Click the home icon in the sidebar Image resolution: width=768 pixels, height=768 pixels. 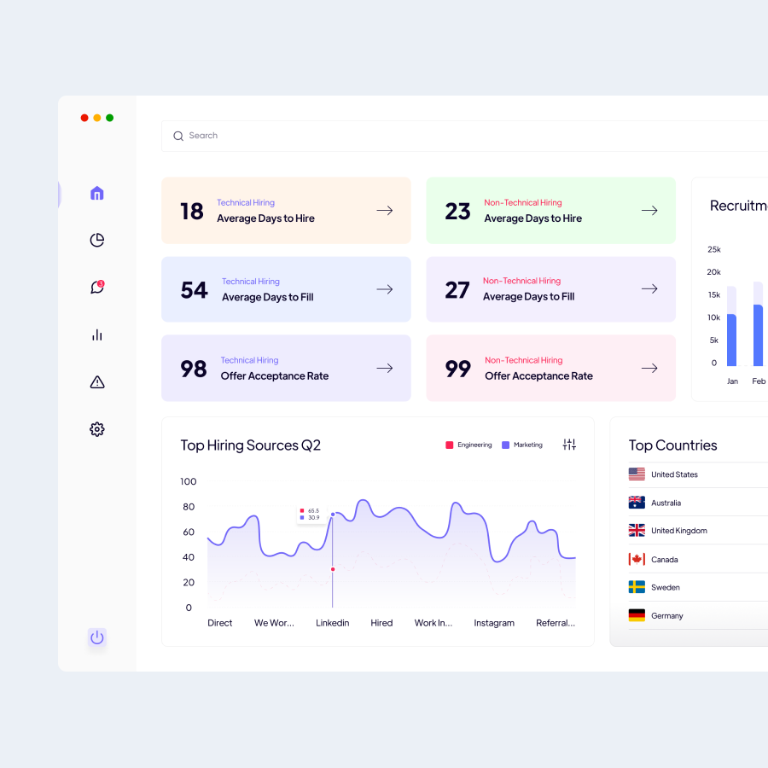(x=97, y=194)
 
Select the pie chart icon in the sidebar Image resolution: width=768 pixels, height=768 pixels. (x=97, y=241)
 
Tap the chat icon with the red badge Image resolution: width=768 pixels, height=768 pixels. (x=97, y=288)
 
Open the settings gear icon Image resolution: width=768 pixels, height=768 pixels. (x=97, y=429)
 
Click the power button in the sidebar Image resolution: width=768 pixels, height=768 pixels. (x=97, y=637)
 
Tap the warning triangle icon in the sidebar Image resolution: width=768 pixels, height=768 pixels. (x=97, y=382)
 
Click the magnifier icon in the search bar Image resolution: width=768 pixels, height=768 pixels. (x=178, y=136)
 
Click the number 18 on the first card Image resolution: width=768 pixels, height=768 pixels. (x=192, y=212)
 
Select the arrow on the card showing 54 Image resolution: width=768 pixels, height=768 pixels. (x=385, y=289)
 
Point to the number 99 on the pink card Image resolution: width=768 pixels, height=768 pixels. (x=458, y=369)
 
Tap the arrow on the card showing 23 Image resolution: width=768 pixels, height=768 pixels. (x=649, y=211)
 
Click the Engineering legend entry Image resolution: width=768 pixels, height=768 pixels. (x=468, y=445)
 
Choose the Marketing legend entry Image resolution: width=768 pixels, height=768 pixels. (x=522, y=445)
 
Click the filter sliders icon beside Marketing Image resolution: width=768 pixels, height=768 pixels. (x=569, y=445)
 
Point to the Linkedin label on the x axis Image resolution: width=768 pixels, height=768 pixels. (x=333, y=623)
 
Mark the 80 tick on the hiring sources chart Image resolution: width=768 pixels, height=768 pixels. (x=189, y=507)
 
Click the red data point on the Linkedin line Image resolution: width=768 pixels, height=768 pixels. (x=333, y=569)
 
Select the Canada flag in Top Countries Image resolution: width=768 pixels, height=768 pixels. (x=637, y=559)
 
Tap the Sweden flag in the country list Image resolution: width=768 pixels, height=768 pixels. (x=637, y=587)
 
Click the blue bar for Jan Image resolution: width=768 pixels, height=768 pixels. (x=731, y=340)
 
